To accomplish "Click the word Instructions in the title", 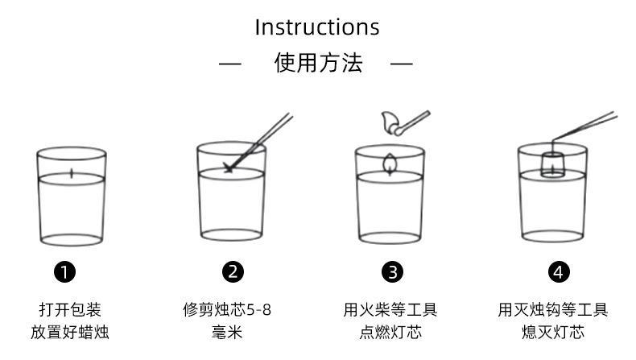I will coord(316,27).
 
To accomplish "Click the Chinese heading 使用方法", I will coord(318,63).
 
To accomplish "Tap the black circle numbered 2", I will coord(233,271).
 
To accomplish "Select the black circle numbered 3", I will coord(391,271).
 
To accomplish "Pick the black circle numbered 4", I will coord(558,271).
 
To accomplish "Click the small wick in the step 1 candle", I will coord(72,172).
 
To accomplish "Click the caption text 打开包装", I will coord(70,310).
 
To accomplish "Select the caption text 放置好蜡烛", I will coord(70,332).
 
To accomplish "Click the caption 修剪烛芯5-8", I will coord(226,310).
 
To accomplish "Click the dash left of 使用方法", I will coord(230,64).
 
